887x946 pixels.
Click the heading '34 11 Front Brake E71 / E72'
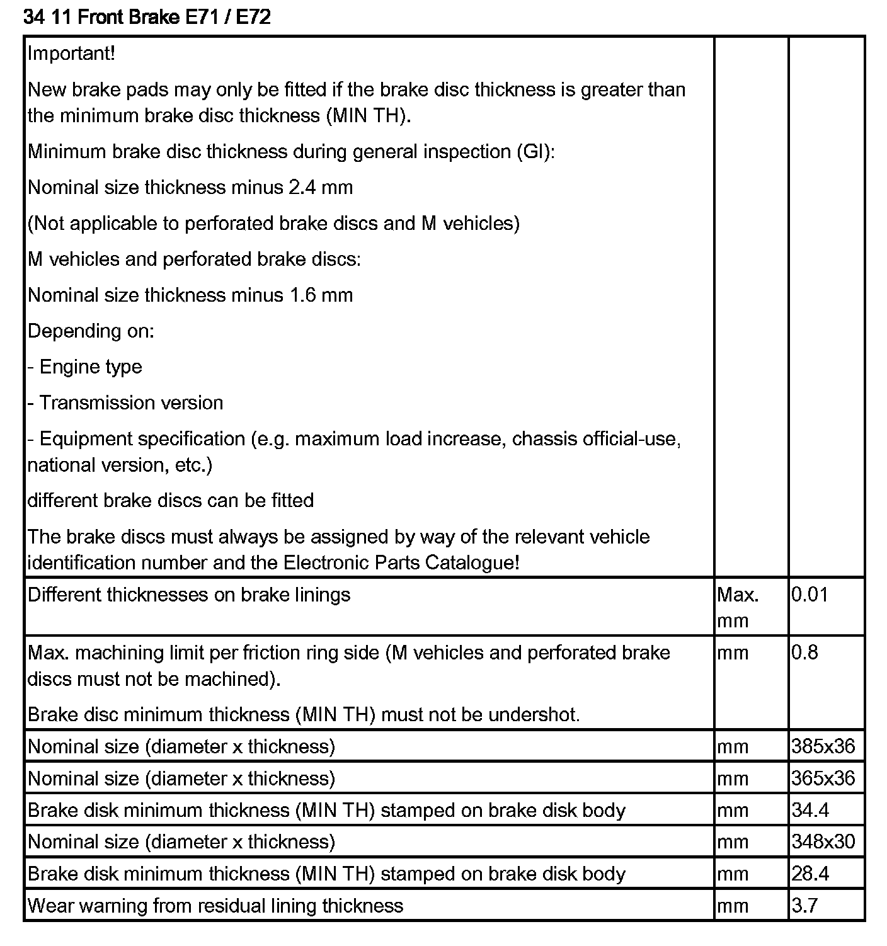tap(147, 17)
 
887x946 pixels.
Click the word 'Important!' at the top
tap(71, 54)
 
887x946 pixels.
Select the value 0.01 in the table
tap(810, 595)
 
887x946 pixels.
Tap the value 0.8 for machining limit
tap(804, 653)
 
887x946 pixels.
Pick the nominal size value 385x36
tap(823, 746)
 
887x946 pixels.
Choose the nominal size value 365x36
tap(823, 778)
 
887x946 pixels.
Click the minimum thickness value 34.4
tap(810, 810)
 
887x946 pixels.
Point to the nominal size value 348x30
tap(823, 842)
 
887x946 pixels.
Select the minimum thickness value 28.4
tap(810, 874)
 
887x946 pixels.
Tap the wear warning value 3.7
tap(804, 906)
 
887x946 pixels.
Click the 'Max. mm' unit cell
tap(738, 607)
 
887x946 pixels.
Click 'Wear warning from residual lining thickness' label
tap(215, 906)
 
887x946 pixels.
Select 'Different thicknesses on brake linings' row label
tap(189, 595)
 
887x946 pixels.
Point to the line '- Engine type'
tap(85, 367)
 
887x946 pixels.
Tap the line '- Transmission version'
tap(125, 403)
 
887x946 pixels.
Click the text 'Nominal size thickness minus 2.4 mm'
tap(190, 188)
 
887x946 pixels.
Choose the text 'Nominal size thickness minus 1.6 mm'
tap(190, 295)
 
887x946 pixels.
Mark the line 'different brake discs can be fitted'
tap(171, 501)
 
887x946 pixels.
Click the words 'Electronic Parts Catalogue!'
tap(402, 562)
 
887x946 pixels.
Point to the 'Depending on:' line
tap(91, 331)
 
